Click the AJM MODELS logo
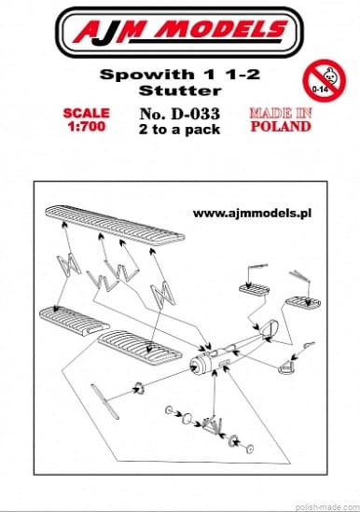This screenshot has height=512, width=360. click(x=180, y=33)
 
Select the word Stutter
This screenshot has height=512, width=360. click(x=180, y=90)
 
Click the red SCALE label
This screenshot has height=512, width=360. click(x=86, y=113)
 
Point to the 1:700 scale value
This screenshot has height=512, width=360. click(x=87, y=126)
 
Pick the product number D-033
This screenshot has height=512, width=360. click(x=196, y=114)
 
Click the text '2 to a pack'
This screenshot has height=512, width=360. click(x=179, y=130)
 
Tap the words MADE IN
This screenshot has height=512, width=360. click(x=281, y=113)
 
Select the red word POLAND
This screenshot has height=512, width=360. click(x=281, y=126)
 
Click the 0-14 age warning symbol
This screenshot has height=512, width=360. click(x=324, y=80)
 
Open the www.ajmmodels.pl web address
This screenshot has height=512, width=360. click(x=252, y=214)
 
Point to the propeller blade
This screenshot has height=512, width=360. click(x=104, y=401)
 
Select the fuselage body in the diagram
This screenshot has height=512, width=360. click(x=228, y=351)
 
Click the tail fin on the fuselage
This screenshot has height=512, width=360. click(x=270, y=328)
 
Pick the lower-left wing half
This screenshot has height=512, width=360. click(x=74, y=320)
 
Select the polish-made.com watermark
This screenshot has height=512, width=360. click(x=326, y=507)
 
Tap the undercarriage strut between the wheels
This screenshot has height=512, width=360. click(x=213, y=425)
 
